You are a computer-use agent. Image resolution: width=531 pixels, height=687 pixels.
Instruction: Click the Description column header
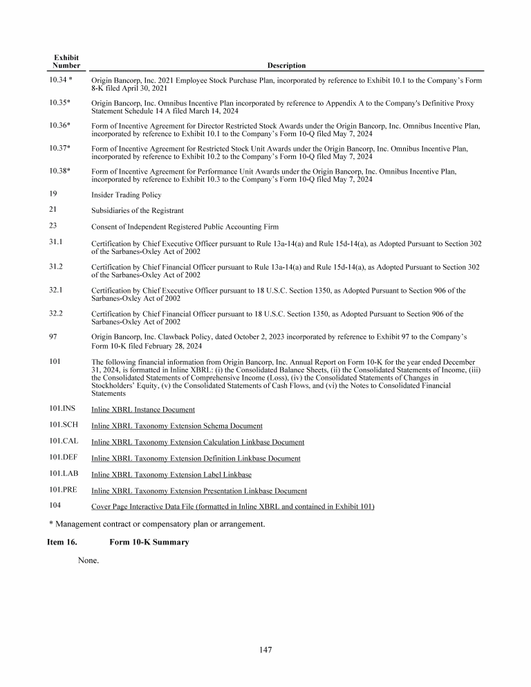286,66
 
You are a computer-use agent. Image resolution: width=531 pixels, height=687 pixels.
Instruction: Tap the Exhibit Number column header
66,61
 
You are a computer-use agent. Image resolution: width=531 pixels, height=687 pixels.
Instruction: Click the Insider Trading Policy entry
126,195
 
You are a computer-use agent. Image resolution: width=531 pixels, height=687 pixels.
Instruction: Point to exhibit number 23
53,226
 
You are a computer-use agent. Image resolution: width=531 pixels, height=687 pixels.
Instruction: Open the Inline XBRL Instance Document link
143,410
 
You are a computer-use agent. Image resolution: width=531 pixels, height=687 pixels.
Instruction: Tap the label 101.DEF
62,457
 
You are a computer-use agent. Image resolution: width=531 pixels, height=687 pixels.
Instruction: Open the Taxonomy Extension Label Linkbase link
171,475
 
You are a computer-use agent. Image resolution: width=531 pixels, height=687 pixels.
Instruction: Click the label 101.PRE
62,490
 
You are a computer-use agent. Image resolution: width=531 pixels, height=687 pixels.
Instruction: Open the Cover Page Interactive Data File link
233,507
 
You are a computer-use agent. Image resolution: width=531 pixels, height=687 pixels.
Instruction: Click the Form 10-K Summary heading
149,542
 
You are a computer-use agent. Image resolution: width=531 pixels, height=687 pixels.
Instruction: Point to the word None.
88,560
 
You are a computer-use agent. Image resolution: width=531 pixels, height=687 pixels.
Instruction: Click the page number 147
266,650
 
